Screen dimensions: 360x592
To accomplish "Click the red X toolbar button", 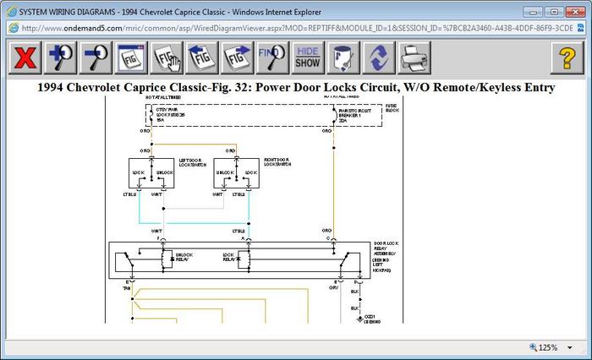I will (x=27, y=57).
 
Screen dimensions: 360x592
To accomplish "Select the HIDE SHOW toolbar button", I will (x=308, y=57).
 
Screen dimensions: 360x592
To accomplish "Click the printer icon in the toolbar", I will (x=414, y=57).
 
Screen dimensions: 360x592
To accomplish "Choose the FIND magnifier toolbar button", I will (x=271, y=57).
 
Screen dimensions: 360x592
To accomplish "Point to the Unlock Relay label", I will (x=184, y=255).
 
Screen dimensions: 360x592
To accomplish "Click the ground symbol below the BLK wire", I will (x=361, y=320).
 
